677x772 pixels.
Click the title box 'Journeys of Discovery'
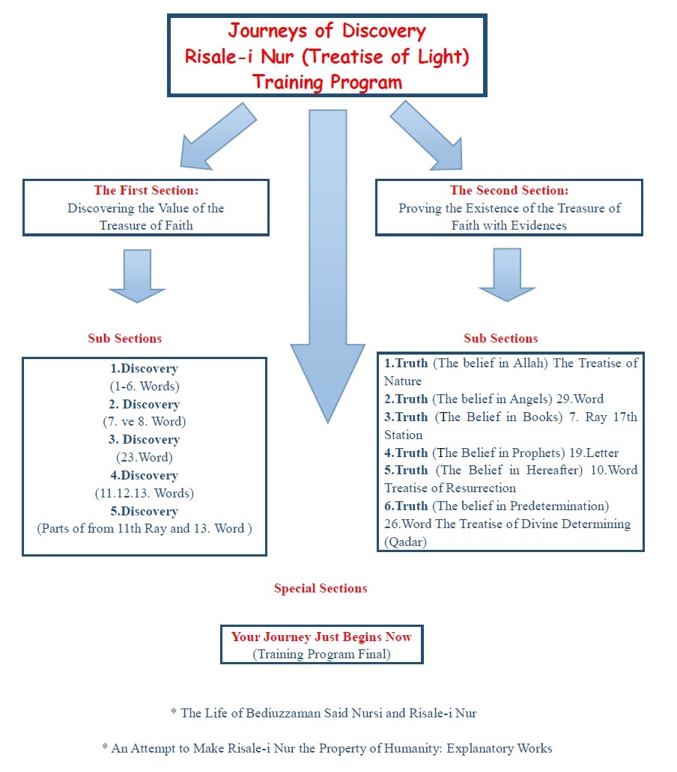tap(327, 56)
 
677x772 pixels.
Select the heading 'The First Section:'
tap(145, 191)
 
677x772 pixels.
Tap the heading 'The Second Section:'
tap(509, 191)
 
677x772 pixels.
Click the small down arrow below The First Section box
tap(137, 275)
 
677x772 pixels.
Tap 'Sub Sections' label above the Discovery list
tap(124, 338)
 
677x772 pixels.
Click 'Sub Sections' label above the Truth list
tap(500, 338)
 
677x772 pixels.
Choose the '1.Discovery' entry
tap(145, 369)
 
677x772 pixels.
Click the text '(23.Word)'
tap(145, 457)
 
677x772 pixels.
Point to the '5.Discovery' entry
tap(145, 511)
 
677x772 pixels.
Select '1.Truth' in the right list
tap(406, 364)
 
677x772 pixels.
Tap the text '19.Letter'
tap(593, 453)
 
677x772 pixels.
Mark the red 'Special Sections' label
tap(321, 588)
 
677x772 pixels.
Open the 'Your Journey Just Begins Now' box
tap(321, 644)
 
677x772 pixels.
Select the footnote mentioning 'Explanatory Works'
tap(327, 747)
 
